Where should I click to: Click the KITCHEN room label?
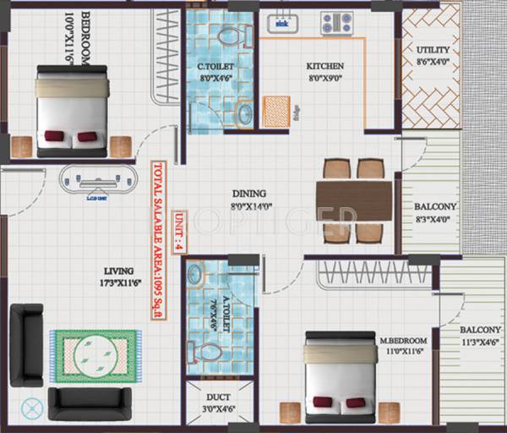point(325,65)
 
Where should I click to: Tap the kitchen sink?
point(282,23)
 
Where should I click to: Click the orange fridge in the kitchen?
point(276,111)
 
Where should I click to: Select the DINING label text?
point(248,192)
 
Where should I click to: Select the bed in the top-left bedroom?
point(71,111)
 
